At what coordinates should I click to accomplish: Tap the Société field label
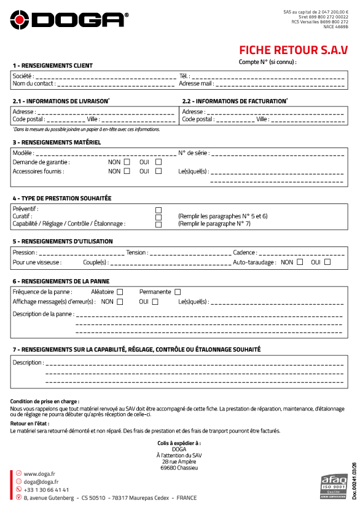pyautogui.click(x=22, y=76)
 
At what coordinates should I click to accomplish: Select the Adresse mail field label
pyautogui.click(x=196, y=84)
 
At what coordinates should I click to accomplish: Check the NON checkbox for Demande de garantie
pyautogui.click(x=127, y=162)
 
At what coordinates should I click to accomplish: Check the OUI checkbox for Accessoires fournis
pyautogui.click(x=158, y=171)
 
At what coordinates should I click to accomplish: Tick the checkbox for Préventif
pyautogui.click(x=158, y=210)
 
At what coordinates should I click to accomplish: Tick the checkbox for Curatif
pyautogui.click(x=158, y=217)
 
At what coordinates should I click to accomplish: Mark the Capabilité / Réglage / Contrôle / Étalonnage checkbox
pyautogui.click(x=158, y=224)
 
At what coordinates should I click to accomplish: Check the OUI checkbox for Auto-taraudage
pyautogui.click(x=327, y=262)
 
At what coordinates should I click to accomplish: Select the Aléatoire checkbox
pyautogui.click(x=120, y=292)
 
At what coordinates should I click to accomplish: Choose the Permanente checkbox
pyautogui.click(x=178, y=292)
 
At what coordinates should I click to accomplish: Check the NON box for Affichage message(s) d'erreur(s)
pyautogui.click(x=120, y=302)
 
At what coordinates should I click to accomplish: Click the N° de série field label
pyautogui.click(x=193, y=152)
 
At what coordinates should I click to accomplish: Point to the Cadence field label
pyautogui.click(x=245, y=253)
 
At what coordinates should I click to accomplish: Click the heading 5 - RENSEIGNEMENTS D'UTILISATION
pyautogui.click(x=63, y=241)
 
